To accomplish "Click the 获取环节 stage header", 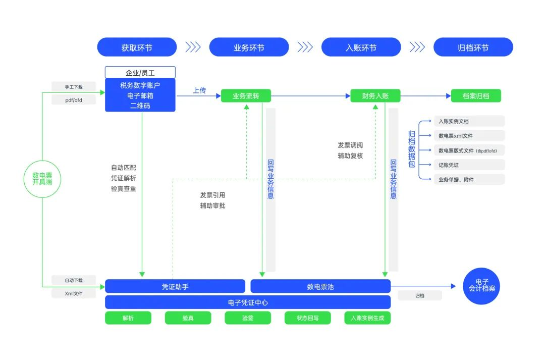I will pos(137,47).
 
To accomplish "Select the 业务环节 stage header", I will pos(249,47).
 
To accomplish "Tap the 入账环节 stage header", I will pos(361,47).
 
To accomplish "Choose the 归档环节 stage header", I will pos(473,47).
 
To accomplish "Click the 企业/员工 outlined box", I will pos(140,73).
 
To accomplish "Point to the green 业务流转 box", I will pos(246,96).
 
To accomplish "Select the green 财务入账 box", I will pos(375,96).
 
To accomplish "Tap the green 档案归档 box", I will pos(476,96).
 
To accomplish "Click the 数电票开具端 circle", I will pos(42,179).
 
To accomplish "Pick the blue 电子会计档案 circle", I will pos(481,286).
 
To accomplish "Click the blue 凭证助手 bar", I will pos(175,286).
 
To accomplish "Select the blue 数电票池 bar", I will pos(320,286).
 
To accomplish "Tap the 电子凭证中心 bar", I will pos(247,302).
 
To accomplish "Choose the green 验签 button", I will pos(247,318).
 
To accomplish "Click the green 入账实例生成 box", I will pos(367,318).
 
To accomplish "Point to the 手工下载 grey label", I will pos(74,87).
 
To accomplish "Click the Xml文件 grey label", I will pos(74,293).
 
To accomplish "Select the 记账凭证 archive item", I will pos(469,165).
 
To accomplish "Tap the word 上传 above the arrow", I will pos(199,90).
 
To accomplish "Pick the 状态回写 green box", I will pos(307,318).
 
